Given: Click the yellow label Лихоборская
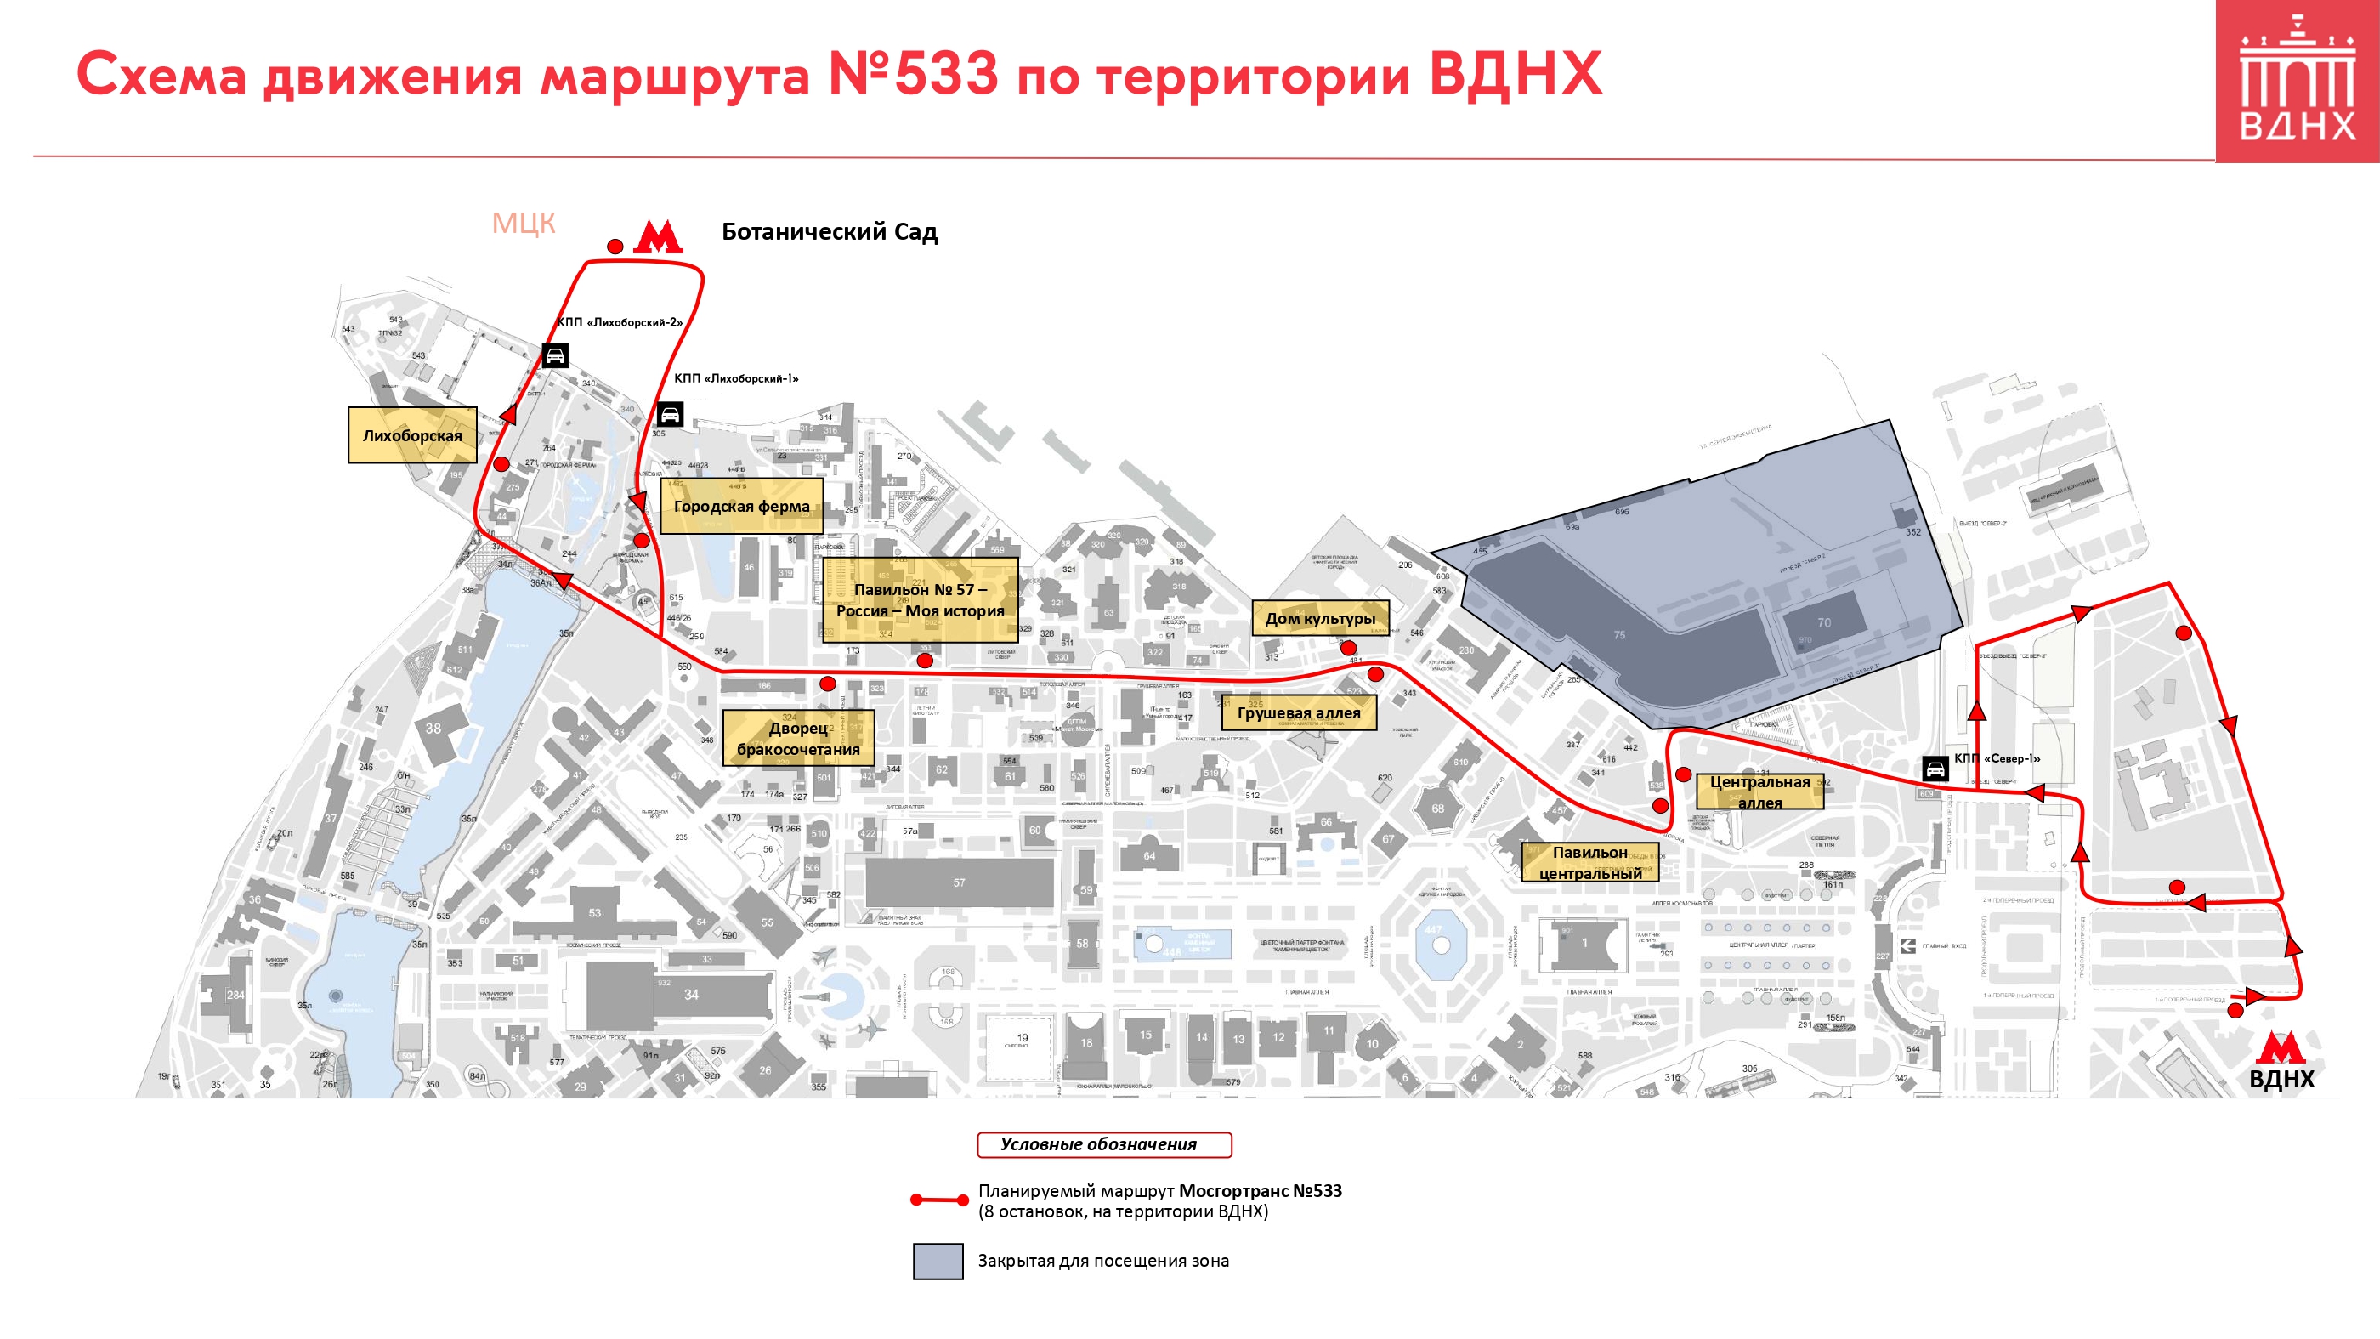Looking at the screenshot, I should pos(412,435).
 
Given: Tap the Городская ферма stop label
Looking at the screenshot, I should pos(741,506).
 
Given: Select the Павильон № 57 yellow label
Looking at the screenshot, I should pos(921,599).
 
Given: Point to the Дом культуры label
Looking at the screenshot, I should pos(1319,618).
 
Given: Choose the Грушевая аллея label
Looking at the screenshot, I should pos(1298,712).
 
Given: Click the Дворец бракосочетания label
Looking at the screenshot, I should pos(798,737).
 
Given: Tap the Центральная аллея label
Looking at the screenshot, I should pos(1759,791).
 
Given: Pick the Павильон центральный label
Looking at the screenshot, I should pos(1590,862).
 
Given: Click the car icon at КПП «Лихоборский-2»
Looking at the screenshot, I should pos(554,355).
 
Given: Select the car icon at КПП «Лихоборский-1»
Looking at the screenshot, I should pos(670,414).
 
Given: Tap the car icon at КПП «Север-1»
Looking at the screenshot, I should pos(1935,768).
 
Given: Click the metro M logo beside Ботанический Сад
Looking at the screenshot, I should pos(658,237).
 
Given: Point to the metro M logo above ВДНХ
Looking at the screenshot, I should pos(2280,1049).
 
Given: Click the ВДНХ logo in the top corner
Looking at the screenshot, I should pos(2297,82).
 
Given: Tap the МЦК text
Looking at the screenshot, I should pos(523,223).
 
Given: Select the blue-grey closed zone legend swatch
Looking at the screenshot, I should pos(938,1262).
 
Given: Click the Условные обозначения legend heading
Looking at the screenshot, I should pos(1103,1144).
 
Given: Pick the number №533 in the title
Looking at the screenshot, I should pos(913,74).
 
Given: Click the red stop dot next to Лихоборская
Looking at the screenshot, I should pos(501,464).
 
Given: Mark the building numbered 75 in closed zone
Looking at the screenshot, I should pos(1618,635).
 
